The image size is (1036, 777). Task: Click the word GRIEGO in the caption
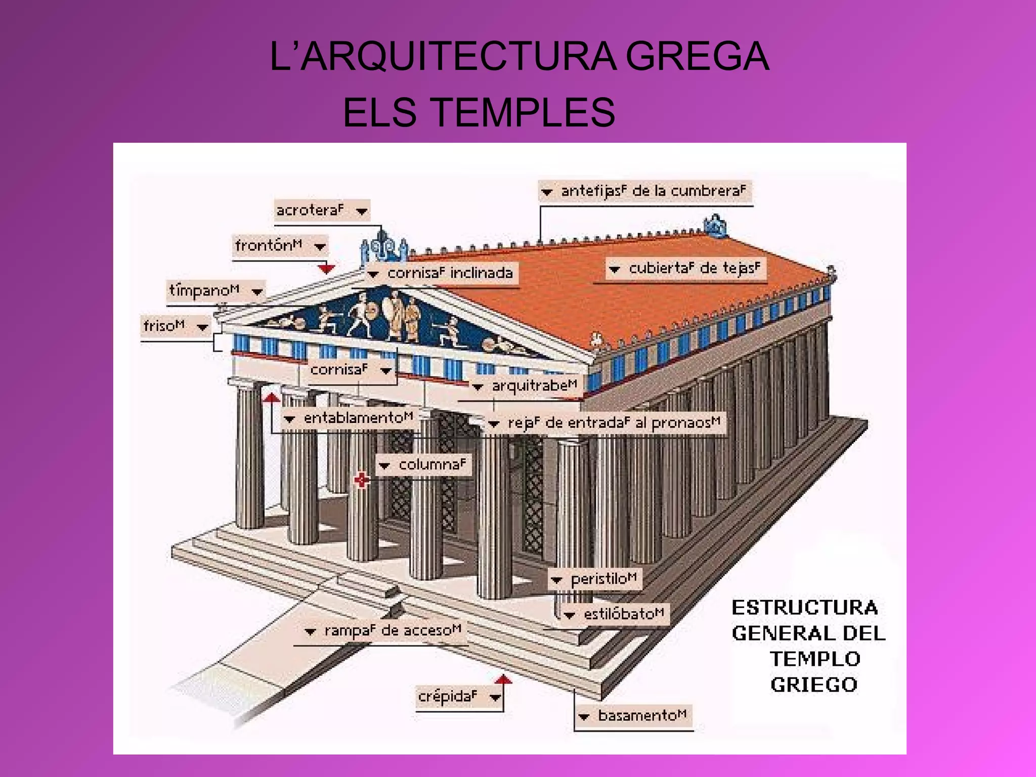813,685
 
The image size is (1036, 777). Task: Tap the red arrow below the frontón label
326,268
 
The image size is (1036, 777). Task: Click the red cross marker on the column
361,480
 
